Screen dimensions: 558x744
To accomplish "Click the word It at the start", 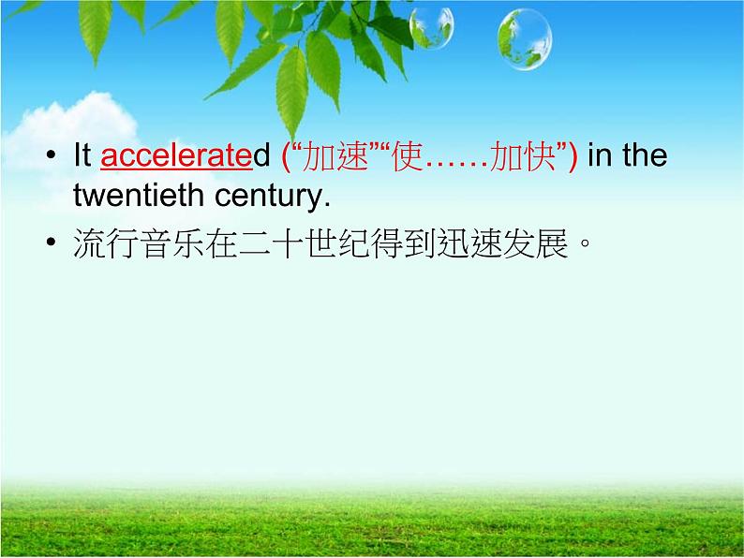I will click(82, 155).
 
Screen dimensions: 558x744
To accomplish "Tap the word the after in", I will click(645, 155).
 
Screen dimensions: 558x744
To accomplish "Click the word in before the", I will click(600, 155).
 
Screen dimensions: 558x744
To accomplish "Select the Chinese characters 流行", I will click(101, 245).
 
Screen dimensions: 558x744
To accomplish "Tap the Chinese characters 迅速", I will click(465, 245).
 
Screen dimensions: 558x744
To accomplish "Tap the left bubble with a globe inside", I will click(431, 27).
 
